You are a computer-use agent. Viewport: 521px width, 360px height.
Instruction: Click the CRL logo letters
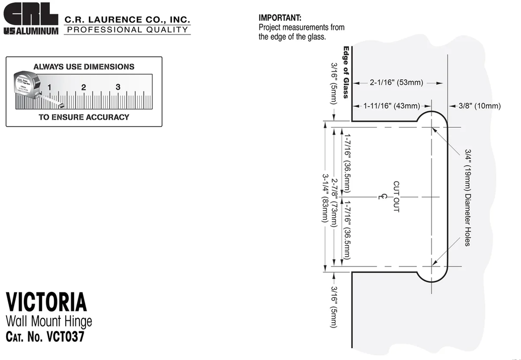click(31, 14)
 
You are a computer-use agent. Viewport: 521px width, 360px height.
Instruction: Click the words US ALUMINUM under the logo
click(31, 31)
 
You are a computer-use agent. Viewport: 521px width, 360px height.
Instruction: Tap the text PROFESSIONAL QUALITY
click(127, 29)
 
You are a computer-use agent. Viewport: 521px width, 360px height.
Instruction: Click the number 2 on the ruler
click(83, 87)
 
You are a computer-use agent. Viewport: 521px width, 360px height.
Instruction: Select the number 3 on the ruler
click(118, 87)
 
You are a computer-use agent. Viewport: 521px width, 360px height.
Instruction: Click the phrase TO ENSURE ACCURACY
click(84, 117)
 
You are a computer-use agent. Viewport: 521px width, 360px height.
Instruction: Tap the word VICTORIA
click(46, 302)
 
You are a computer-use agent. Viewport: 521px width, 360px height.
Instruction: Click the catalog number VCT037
click(65, 337)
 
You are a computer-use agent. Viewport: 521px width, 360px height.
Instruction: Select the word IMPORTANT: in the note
click(280, 18)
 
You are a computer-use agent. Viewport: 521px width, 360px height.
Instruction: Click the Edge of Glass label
click(346, 72)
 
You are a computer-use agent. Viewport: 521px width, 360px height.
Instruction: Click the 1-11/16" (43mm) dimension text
click(391, 106)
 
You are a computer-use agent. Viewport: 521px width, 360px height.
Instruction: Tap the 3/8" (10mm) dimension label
click(479, 106)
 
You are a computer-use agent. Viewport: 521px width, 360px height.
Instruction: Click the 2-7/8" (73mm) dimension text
click(334, 203)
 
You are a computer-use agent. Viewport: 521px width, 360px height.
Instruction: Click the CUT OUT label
click(396, 197)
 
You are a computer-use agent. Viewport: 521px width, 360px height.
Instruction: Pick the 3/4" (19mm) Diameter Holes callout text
click(468, 198)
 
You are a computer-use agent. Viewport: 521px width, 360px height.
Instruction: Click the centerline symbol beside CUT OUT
click(383, 197)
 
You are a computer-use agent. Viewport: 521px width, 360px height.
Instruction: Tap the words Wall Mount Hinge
click(49, 321)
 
